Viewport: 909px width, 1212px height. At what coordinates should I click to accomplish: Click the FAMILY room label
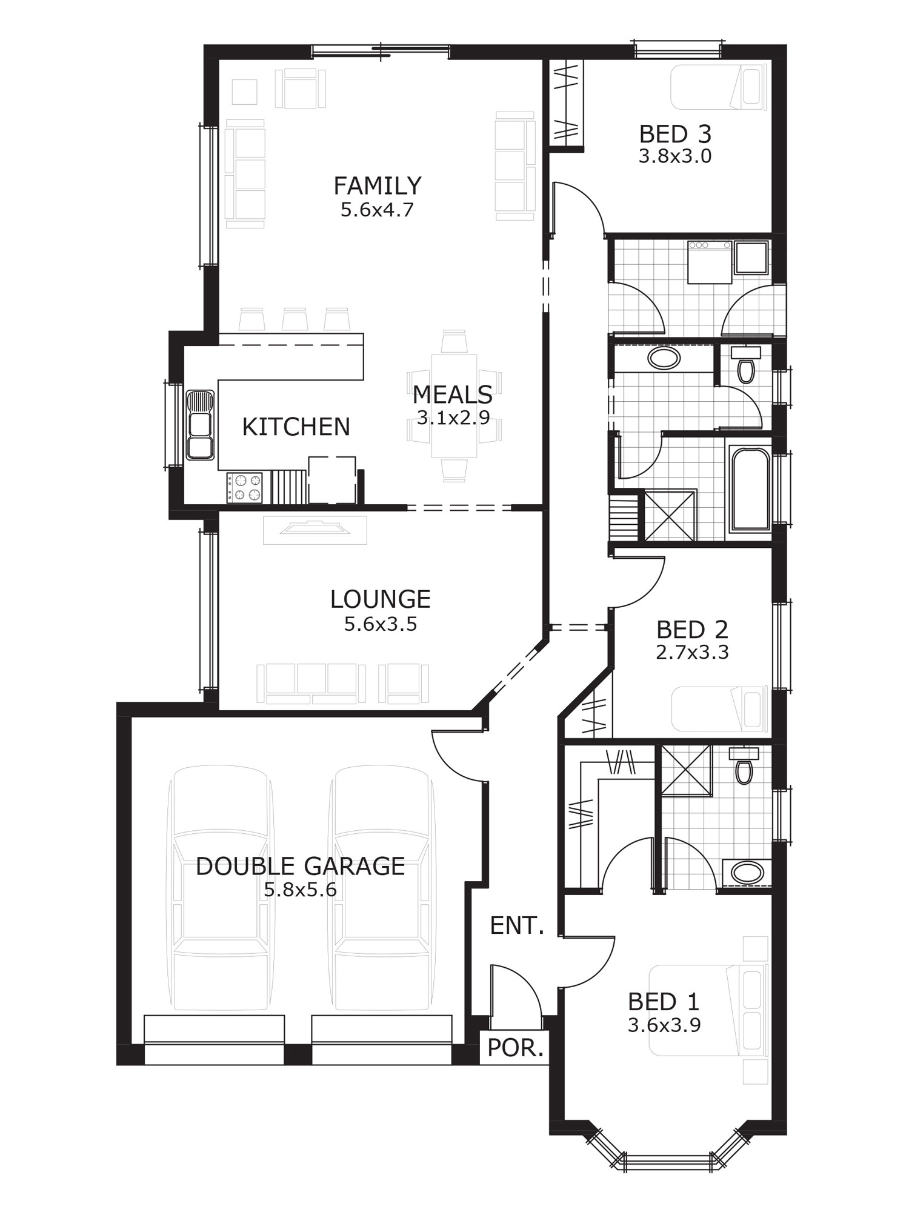[x=377, y=185]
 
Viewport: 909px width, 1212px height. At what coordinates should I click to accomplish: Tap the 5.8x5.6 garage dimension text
[x=300, y=890]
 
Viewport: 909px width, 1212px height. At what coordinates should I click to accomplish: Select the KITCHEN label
[x=296, y=427]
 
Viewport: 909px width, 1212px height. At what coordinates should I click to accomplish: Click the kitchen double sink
[x=200, y=425]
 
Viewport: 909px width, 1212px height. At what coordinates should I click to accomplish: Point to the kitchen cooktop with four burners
[x=245, y=488]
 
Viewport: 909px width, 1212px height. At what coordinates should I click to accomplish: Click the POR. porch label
[x=515, y=1048]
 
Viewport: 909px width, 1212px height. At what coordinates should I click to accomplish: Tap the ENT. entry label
[x=517, y=925]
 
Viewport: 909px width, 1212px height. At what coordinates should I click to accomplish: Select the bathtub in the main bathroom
[x=750, y=489]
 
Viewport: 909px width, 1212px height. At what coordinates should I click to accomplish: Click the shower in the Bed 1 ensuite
[x=686, y=770]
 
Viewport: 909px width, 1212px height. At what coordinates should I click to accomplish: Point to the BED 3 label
[x=675, y=134]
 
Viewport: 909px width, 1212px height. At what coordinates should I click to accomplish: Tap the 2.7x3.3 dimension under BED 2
[x=692, y=653]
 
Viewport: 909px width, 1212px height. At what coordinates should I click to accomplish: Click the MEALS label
[x=453, y=395]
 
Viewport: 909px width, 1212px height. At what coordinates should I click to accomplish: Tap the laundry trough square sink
[x=751, y=258]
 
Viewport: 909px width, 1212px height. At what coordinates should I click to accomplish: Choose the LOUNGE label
[x=380, y=599]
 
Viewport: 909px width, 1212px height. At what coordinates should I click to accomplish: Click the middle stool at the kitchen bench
[x=295, y=319]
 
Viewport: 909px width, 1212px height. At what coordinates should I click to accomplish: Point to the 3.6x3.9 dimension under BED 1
[x=664, y=1025]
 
